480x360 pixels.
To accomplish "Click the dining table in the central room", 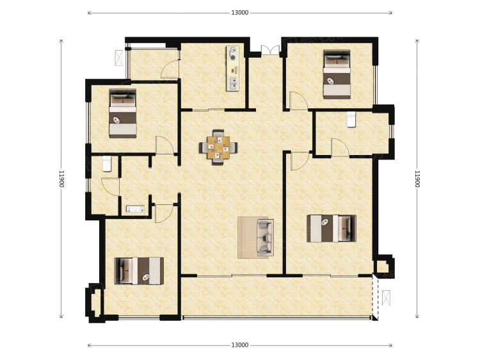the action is (218, 147).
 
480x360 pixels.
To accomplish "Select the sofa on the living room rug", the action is (265, 237).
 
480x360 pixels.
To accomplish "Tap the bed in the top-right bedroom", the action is (337, 74).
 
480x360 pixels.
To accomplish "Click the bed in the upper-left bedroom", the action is (123, 113).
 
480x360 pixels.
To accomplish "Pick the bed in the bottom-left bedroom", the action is (139, 271).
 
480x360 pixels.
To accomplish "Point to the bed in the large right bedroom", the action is (332, 229).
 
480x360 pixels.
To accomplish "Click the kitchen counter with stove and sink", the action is (233, 69).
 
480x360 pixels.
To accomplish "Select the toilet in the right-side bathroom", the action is (351, 120).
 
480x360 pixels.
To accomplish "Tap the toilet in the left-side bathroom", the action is (106, 164).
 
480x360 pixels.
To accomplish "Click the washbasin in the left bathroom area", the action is (135, 209).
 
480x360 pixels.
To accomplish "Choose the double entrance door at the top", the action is (270, 50).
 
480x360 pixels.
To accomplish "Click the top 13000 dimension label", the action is (240, 13).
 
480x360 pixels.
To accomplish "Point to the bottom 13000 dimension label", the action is (240, 345).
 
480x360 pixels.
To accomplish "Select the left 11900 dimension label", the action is (61, 179).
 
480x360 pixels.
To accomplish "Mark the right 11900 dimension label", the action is (417, 179).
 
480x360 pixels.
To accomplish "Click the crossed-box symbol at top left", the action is (119, 58).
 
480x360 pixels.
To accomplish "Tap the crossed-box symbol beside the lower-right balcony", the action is (387, 297).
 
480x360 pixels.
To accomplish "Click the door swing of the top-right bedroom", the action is (299, 101).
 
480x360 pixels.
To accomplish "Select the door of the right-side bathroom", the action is (340, 148).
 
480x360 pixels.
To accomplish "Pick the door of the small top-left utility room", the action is (170, 69).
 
